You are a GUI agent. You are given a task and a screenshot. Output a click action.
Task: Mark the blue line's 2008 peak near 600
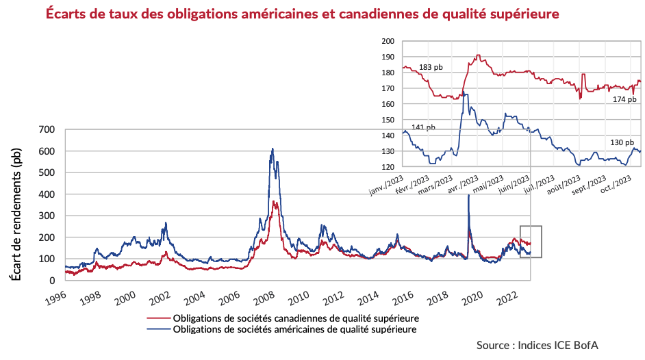point(273,149)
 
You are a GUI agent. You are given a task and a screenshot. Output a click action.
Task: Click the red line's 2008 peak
point(275,202)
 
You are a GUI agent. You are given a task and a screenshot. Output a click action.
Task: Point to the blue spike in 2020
point(468,196)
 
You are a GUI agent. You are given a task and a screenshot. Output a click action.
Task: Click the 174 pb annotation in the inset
point(624,99)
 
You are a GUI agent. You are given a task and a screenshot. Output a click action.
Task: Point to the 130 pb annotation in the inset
point(622,142)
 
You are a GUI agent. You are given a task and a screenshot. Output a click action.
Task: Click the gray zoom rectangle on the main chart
point(531,241)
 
